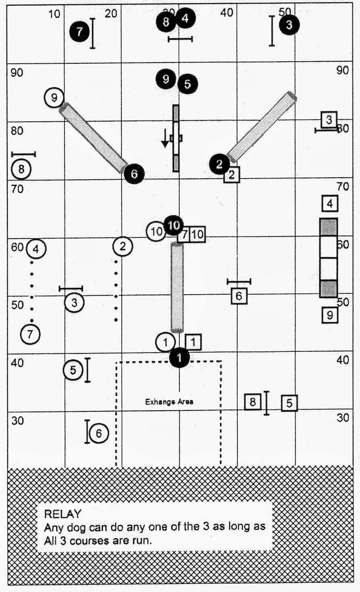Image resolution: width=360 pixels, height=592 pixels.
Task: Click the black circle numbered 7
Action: point(79,31)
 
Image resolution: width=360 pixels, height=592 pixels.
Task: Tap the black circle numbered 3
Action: point(289,25)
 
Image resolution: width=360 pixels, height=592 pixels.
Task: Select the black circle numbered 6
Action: point(134,174)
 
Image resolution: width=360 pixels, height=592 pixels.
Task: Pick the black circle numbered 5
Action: point(187,84)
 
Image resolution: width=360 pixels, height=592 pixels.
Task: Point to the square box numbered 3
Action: point(329,119)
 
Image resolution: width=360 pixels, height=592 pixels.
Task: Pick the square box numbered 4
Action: point(330,204)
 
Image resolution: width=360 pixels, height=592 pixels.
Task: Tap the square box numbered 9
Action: point(330,315)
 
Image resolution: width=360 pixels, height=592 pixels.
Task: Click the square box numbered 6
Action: point(239,296)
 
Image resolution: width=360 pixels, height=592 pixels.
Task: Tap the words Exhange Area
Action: point(169,401)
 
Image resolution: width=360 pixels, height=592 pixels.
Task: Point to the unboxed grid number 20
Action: point(110,14)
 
